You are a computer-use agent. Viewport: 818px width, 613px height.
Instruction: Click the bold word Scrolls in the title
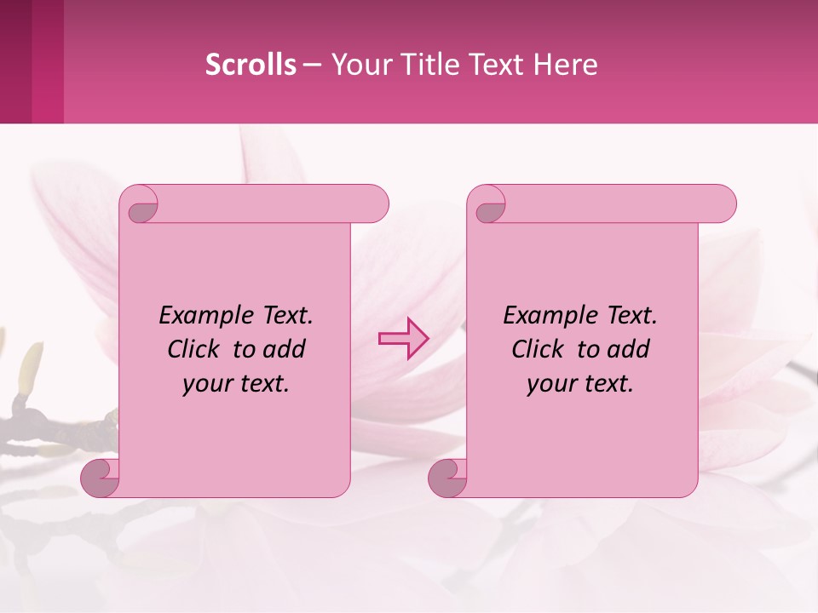coord(251,65)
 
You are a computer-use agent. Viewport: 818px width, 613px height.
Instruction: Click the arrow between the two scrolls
coord(403,339)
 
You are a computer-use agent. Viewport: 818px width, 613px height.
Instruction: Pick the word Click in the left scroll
coord(195,350)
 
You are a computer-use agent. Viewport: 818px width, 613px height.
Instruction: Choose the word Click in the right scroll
coord(539,350)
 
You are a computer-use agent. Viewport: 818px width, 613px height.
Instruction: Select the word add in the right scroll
coord(631,350)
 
